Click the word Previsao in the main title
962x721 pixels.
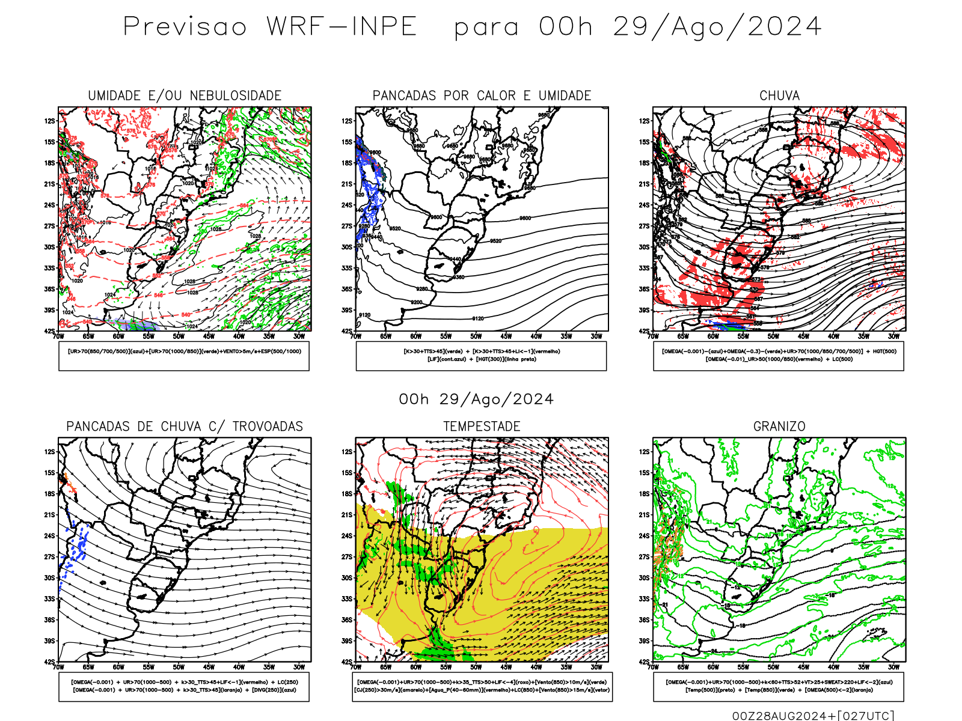click(x=185, y=27)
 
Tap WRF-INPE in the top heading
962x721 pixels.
click(x=342, y=27)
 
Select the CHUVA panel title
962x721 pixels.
click(x=779, y=96)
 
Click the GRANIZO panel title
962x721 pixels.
click(x=779, y=427)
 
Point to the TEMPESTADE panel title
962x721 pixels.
click(x=482, y=427)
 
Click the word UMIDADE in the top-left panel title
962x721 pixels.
click(x=114, y=96)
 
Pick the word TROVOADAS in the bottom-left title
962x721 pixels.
click(x=268, y=427)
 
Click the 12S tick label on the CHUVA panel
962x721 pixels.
click(x=645, y=121)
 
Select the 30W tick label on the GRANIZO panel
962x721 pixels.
click(x=894, y=667)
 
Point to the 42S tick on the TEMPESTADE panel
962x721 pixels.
click(x=347, y=662)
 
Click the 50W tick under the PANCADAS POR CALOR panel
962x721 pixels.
click(x=476, y=336)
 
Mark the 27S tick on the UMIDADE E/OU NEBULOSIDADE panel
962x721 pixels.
click(x=49, y=226)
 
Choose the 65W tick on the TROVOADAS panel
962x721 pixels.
click(x=88, y=667)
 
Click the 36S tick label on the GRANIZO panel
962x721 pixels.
click(x=645, y=620)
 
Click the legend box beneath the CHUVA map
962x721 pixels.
click(x=779, y=356)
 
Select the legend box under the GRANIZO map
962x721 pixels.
click(x=779, y=686)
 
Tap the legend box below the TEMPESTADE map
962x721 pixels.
click(x=482, y=686)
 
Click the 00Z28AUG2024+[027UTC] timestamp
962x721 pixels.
click(x=813, y=715)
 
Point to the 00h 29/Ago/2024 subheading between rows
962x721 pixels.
click(x=476, y=400)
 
